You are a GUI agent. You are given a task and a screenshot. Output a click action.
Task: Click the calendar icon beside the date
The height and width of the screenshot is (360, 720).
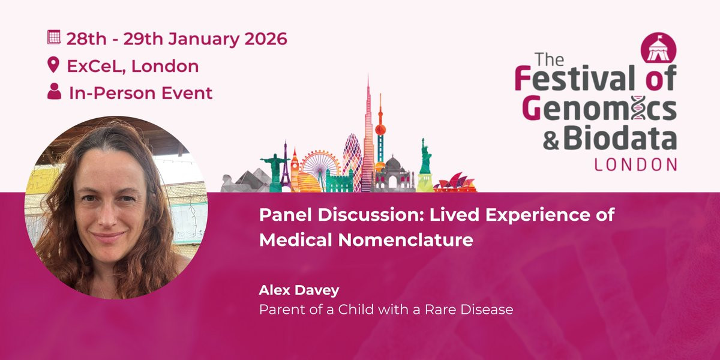coord(53,37)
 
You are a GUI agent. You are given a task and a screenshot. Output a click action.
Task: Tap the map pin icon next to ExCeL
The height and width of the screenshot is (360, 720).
coord(53,65)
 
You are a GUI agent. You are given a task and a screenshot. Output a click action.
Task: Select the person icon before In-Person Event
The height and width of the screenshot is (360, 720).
coord(54,91)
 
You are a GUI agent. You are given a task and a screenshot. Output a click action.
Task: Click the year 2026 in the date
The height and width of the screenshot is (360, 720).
coord(265,39)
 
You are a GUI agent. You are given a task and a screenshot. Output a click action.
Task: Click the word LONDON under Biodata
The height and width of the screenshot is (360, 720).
coord(636,164)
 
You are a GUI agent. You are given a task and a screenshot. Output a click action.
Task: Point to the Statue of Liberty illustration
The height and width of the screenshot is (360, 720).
coord(425,167)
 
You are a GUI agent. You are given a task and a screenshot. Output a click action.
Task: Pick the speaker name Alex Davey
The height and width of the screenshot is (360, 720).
coord(299,290)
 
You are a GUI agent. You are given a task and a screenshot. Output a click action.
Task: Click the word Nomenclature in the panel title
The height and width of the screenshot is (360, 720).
coord(406,240)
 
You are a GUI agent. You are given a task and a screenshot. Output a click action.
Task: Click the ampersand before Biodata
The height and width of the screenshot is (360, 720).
coord(551,141)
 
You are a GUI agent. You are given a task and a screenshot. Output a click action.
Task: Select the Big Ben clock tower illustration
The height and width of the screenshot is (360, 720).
coord(295,170)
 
